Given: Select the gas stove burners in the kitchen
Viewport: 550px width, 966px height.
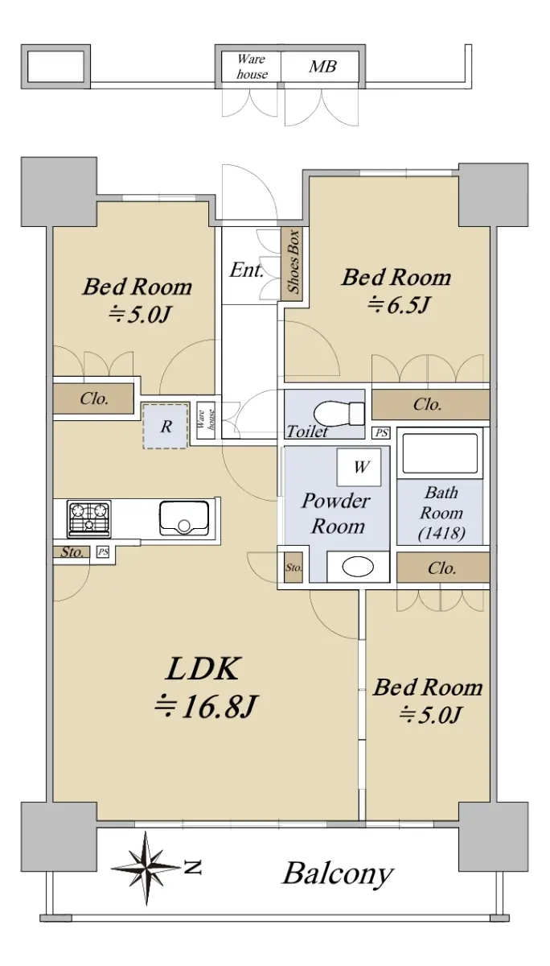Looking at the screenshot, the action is (x=89, y=518).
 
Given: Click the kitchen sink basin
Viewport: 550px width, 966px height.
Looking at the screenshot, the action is (x=184, y=518).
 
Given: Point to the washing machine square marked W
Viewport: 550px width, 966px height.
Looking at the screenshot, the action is (x=359, y=467).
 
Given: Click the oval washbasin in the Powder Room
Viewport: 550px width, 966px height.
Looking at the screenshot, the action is (x=358, y=566).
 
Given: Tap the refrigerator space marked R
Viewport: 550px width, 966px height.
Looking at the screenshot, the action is (x=166, y=426).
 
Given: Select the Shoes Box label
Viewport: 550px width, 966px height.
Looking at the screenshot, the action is (x=293, y=262).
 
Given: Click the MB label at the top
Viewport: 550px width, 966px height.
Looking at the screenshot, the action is (x=322, y=67).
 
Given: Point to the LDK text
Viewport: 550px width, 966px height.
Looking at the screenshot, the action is (x=202, y=670).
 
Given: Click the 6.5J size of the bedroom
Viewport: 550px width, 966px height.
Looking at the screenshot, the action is (x=398, y=305).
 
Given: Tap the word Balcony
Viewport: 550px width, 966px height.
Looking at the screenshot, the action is (x=338, y=873).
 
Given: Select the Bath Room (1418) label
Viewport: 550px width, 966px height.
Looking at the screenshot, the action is (x=441, y=514).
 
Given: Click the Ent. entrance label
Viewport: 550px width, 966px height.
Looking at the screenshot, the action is (x=246, y=270).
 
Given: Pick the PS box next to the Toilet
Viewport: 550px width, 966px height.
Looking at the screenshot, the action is (x=382, y=432).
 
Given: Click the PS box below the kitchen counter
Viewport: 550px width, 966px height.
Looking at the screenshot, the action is (x=102, y=551).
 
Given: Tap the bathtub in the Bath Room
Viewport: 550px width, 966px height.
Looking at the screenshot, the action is (x=440, y=453).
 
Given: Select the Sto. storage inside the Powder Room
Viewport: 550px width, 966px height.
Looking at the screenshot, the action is (x=293, y=568).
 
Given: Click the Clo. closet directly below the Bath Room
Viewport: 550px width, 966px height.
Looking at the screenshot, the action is (x=443, y=568).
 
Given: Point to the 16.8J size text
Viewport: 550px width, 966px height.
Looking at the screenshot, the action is (x=206, y=707).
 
